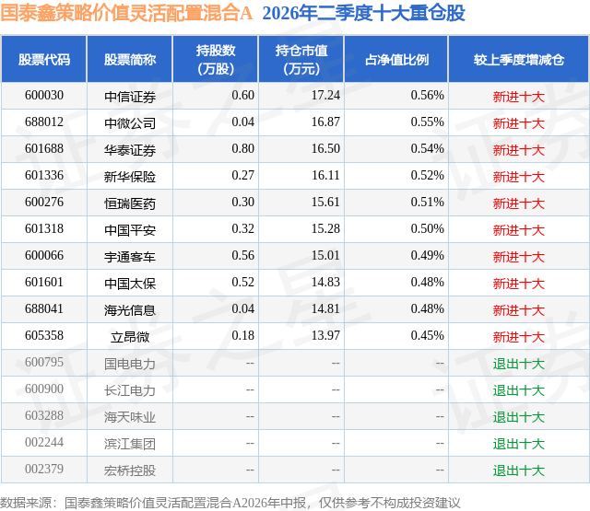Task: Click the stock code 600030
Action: coord(44,96)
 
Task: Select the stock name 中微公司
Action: coord(130,122)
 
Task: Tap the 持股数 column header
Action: coord(216,59)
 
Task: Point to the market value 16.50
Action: coord(325,149)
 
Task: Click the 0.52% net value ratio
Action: coord(427,176)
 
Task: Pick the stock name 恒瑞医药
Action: coord(130,203)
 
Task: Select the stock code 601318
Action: coord(44,229)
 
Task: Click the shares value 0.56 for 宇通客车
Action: coord(242,256)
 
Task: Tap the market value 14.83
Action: coord(325,282)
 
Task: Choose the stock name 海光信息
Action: coord(130,310)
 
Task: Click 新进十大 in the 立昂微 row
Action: coord(518,337)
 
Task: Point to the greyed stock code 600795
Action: coord(44,362)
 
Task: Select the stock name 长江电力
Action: coord(130,390)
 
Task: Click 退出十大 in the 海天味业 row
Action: coord(518,417)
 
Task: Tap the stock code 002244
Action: coord(44,442)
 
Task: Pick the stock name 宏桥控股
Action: coord(130,470)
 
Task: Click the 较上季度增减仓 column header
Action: coord(518,59)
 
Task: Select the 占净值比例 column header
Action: coord(396,59)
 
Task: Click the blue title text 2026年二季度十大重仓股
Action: coord(363,13)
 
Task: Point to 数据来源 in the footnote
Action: coord(25,503)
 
